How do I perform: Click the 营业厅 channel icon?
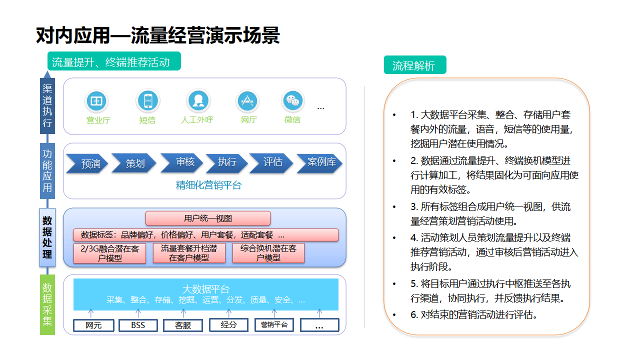click(96, 100)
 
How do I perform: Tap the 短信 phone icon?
click(148, 100)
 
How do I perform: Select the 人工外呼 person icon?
click(198, 100)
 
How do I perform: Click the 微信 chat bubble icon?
click(293, 100)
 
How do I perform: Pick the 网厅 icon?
click(247, 100)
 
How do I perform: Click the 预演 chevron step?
click(87, 163)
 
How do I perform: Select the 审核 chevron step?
click(182, 162)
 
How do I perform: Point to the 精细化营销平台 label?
click(208, 185)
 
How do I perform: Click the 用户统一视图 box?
click(208, 218)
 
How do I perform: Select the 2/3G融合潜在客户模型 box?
click(110, 253)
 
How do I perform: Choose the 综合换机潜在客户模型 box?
click(268, 252)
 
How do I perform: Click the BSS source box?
click(138, 325)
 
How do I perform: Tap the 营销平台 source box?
click(274, 325)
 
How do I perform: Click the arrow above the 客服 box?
click(183, 313)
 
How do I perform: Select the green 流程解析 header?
click(415, 65)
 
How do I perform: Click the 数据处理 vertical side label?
click(47, 237)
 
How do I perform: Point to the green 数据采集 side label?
click(47, 304)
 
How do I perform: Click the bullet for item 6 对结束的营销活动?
click(394, 315)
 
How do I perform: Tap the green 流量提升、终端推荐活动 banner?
click(114, 61)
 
